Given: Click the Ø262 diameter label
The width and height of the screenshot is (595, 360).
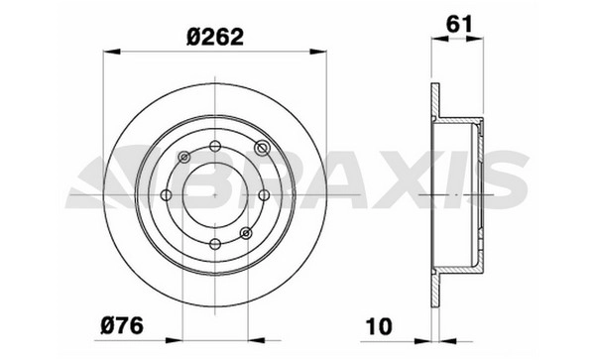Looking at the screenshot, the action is [215, 37].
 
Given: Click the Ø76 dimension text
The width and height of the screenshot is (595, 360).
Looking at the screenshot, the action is [122, 326].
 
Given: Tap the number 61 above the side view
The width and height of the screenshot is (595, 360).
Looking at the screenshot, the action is [459, 24].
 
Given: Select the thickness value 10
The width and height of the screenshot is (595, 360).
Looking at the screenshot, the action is [379, 326].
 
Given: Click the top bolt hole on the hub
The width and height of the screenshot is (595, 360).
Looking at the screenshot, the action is [215, 146].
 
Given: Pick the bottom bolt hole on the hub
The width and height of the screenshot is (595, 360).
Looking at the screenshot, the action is [215, 244].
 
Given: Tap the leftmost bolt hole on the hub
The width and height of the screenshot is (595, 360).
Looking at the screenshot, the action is [167, 195].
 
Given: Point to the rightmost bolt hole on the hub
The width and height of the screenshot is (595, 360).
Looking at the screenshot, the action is [264, 195].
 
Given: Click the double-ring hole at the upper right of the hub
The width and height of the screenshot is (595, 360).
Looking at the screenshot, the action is [262, 147].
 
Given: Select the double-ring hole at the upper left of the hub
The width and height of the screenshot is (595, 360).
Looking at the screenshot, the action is [184, 157].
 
